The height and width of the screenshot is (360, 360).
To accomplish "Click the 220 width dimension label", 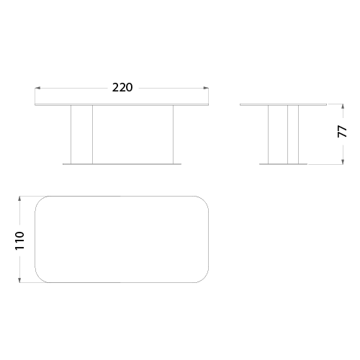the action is coord(122,88).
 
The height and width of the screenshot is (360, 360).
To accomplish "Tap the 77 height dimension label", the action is coord(343,132).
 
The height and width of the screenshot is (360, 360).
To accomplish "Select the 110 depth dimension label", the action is coord(19,240).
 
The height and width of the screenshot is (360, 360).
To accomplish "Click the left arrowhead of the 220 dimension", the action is coord(37,89).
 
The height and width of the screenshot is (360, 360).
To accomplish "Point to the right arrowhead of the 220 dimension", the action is coord(206,89).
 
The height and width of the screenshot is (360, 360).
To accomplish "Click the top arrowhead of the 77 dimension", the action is coord(343,107).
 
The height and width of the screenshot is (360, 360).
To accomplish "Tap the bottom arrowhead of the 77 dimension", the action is coord(343,162).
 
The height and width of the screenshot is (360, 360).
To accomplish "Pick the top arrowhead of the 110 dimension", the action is coord(20,199).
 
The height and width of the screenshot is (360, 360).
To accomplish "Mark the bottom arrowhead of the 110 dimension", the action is coord(20,280).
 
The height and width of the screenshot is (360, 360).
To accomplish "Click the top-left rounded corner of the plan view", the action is coord(39,200).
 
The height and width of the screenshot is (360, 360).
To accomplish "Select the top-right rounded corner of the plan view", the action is coord(204,200).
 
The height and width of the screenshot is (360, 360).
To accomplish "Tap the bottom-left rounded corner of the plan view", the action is coord(39,279).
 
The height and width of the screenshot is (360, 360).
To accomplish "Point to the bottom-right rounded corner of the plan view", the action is coord(204,279).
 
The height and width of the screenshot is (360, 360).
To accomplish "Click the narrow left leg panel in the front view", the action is coord(81,135).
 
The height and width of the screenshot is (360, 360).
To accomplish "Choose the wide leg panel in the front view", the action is coord(132,135).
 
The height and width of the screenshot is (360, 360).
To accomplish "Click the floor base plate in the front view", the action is coord(122,164).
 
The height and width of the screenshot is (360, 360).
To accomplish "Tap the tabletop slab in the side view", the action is coord(284,104).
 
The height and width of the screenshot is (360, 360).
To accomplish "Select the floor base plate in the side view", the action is coord(283,164).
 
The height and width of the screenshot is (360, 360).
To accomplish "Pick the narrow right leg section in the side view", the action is coord(293,135).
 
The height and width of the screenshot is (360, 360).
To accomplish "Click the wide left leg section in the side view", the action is coord(278,135).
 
